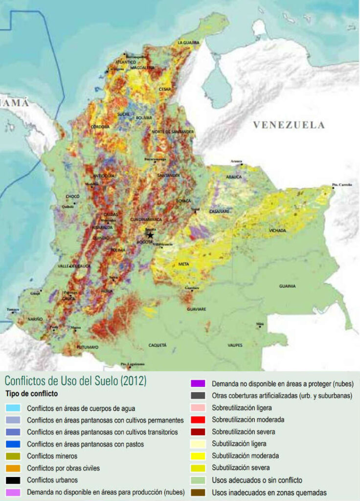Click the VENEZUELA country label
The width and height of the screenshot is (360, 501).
coord(289,125)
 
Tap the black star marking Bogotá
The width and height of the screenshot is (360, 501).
coord(150,235)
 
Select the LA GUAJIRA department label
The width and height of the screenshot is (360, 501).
coord(188,43)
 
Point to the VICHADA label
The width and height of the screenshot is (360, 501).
coord(278,230)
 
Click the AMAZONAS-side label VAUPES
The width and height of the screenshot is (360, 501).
coord(235,345)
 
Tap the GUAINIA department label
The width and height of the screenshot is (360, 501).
coord(287,286)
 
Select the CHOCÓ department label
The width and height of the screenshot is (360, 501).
coord(72,197)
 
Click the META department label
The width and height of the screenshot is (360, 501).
coord(184,264)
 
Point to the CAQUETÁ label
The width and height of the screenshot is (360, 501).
coord(157,345)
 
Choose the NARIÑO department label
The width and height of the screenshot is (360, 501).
coord(35,319)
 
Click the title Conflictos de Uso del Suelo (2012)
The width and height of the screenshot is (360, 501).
coord(75,381)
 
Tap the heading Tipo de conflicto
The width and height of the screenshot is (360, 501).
coord(32,394)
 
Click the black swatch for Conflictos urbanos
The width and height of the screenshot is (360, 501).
coord(13,480)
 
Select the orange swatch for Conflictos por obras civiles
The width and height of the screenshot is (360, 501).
coord(13,468)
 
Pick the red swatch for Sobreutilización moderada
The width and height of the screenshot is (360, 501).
coord(198,420)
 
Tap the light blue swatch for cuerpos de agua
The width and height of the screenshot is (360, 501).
coord(13,408)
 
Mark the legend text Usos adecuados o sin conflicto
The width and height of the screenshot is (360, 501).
coord(257,480)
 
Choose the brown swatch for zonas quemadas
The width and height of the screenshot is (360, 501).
coord(198,492)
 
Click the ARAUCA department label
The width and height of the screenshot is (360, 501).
coord(233,177)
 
